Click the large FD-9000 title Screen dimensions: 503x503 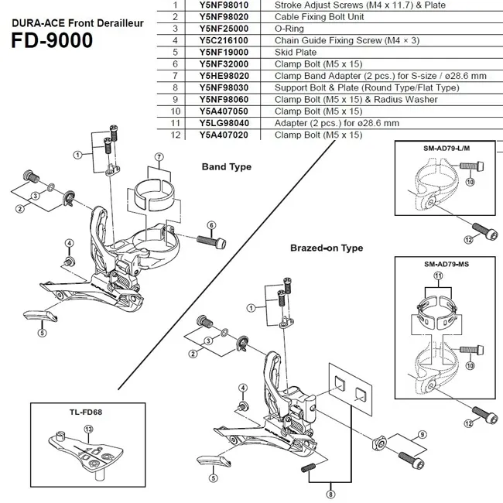(x=52, y=39)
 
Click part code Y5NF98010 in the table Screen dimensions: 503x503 (x=224, y=5)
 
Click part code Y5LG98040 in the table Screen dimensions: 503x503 (x=224, y=123)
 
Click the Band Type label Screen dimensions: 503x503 (x=226, y=166)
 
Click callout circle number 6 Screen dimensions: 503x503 (x=210, y=225)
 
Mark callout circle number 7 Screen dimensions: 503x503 (x=159, y=156)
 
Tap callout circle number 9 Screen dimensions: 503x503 (x=422, y=434)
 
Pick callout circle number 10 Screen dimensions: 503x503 (x=470, y=182)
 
